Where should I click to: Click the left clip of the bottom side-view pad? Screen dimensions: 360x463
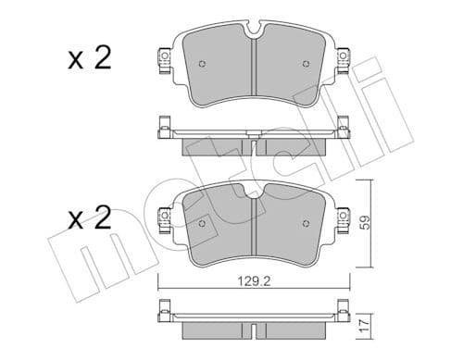point(163,312)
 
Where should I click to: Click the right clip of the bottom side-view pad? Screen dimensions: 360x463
point(343,312)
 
